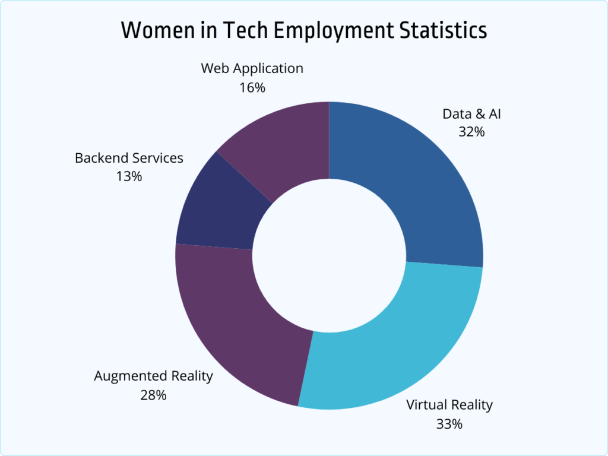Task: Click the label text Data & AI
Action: click(x=471, y=114)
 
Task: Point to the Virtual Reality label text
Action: click(x=449, y=406)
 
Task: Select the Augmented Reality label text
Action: click(x=153, y=376)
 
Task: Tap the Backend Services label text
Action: click(x=129, y=159)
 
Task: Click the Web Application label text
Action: click(x=252, y=68)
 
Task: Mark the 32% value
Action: click(x=471, y=132)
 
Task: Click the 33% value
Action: click(x=449, y=424)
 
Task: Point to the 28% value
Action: click(x=153, y=395)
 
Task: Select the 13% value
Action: click(x=129, y=176)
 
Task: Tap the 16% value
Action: click(x=252, y=87)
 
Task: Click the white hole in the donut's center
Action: click(x=330, y=255)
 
